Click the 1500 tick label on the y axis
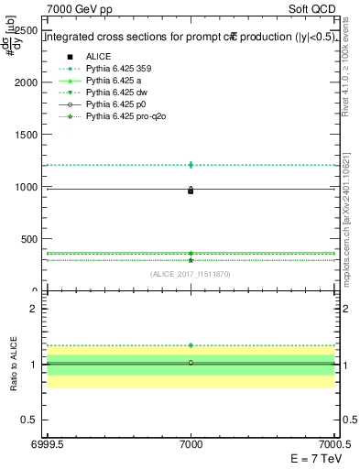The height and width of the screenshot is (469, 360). click(27, 135)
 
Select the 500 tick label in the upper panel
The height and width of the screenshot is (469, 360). click(30, 239)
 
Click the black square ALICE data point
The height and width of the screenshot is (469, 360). click(191, 191)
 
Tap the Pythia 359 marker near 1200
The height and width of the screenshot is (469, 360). click(191, 165)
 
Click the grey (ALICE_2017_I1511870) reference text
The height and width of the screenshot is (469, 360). click(191, 274)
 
